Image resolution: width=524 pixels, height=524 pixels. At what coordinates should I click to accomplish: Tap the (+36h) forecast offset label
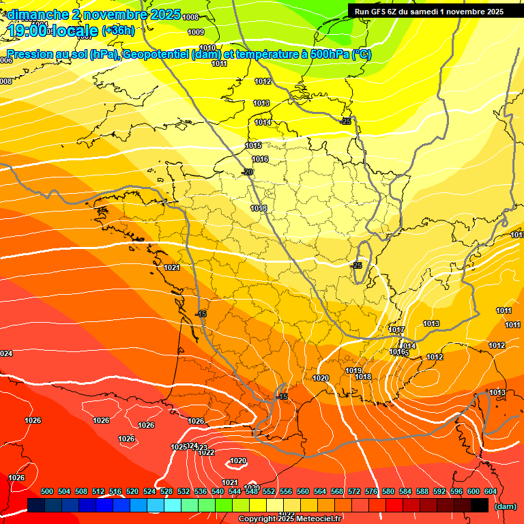tap(118, 30)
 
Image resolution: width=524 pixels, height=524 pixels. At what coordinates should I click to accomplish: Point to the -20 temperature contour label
tap(248, 172)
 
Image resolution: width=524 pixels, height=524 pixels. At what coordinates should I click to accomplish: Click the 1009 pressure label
tap(196, 32)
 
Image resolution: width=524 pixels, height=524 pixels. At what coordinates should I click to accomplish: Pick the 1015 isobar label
tap(254, 145)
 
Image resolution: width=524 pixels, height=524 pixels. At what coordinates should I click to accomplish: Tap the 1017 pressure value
tap(397, 330)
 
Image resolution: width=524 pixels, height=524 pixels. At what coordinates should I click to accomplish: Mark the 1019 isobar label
tap(353, 370)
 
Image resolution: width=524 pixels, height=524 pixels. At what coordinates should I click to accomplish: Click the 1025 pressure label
tap(179, 447)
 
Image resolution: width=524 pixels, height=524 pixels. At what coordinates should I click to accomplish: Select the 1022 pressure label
tap(207, 452)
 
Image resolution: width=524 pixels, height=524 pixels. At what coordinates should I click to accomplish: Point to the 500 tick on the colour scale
tap(47, 491)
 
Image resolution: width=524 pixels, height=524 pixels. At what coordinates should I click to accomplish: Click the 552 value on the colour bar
tap(269, 491)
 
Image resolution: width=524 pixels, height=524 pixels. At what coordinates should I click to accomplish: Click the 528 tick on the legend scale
tap(166, 491)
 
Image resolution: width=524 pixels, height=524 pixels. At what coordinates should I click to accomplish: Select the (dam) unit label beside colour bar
tap(506, 506)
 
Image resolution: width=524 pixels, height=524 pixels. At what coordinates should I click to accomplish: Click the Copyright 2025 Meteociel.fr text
tap(289, 519)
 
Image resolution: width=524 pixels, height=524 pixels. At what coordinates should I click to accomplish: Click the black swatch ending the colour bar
tap(480, 505)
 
